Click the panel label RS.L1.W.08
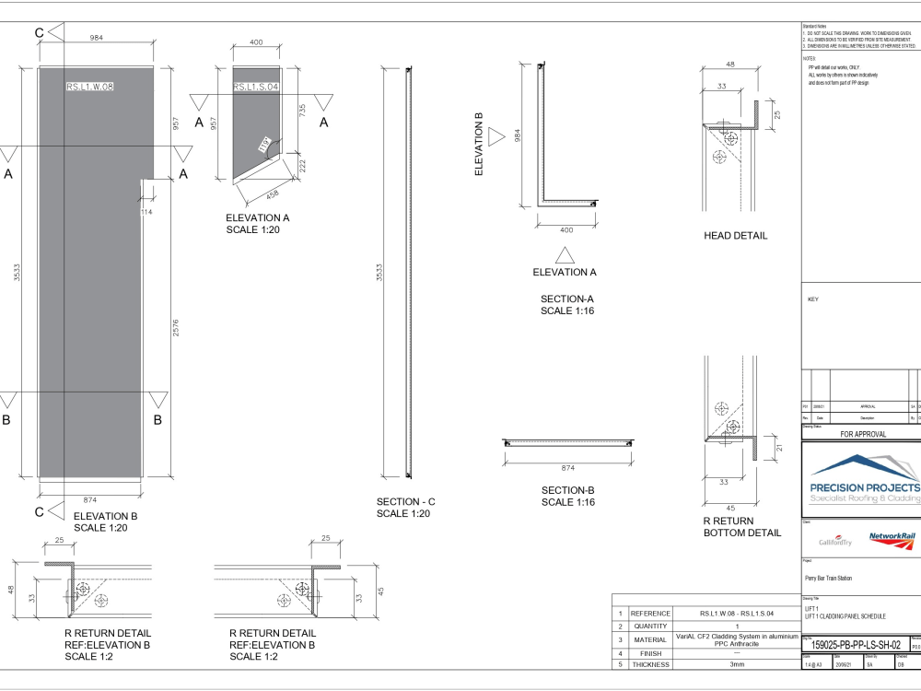pos(89,87)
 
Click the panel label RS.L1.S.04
pos(256,87)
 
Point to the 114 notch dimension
pos(146,213)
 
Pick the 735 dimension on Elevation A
pos(302,108)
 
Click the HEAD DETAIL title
pos(735,236)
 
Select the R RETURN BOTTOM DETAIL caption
pos(741,527)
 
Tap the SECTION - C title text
pos(405,502)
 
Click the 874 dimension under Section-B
pos(567,467)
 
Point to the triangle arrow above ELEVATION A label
pos(565,255)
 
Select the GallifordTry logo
pos(835,541)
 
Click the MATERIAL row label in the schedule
pos(650,638)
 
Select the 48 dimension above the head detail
pos(730,64)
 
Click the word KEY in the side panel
pos(812,299)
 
